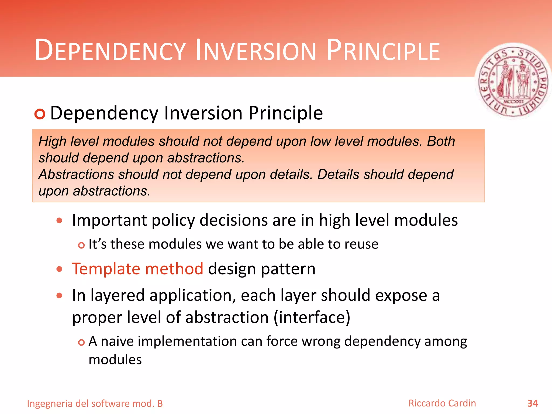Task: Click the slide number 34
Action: (x=532, y=403)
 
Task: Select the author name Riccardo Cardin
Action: (x=442, y=403)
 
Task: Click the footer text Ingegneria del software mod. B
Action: (x=95, y=403)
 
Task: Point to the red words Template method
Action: (x=137, y=269)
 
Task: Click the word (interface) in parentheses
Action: (x=312, y=317)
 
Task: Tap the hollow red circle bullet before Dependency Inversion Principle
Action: (x=40, y=114)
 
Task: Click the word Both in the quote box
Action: (x=441, y=141)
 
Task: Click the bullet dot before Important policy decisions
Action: (x=59, y=220)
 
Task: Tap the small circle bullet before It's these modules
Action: (x=81, y=245)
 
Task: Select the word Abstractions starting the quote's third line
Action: (x=76, y=174)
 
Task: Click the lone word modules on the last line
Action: (x=115, y=360)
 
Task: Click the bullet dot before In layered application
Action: (x=59, y=296)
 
